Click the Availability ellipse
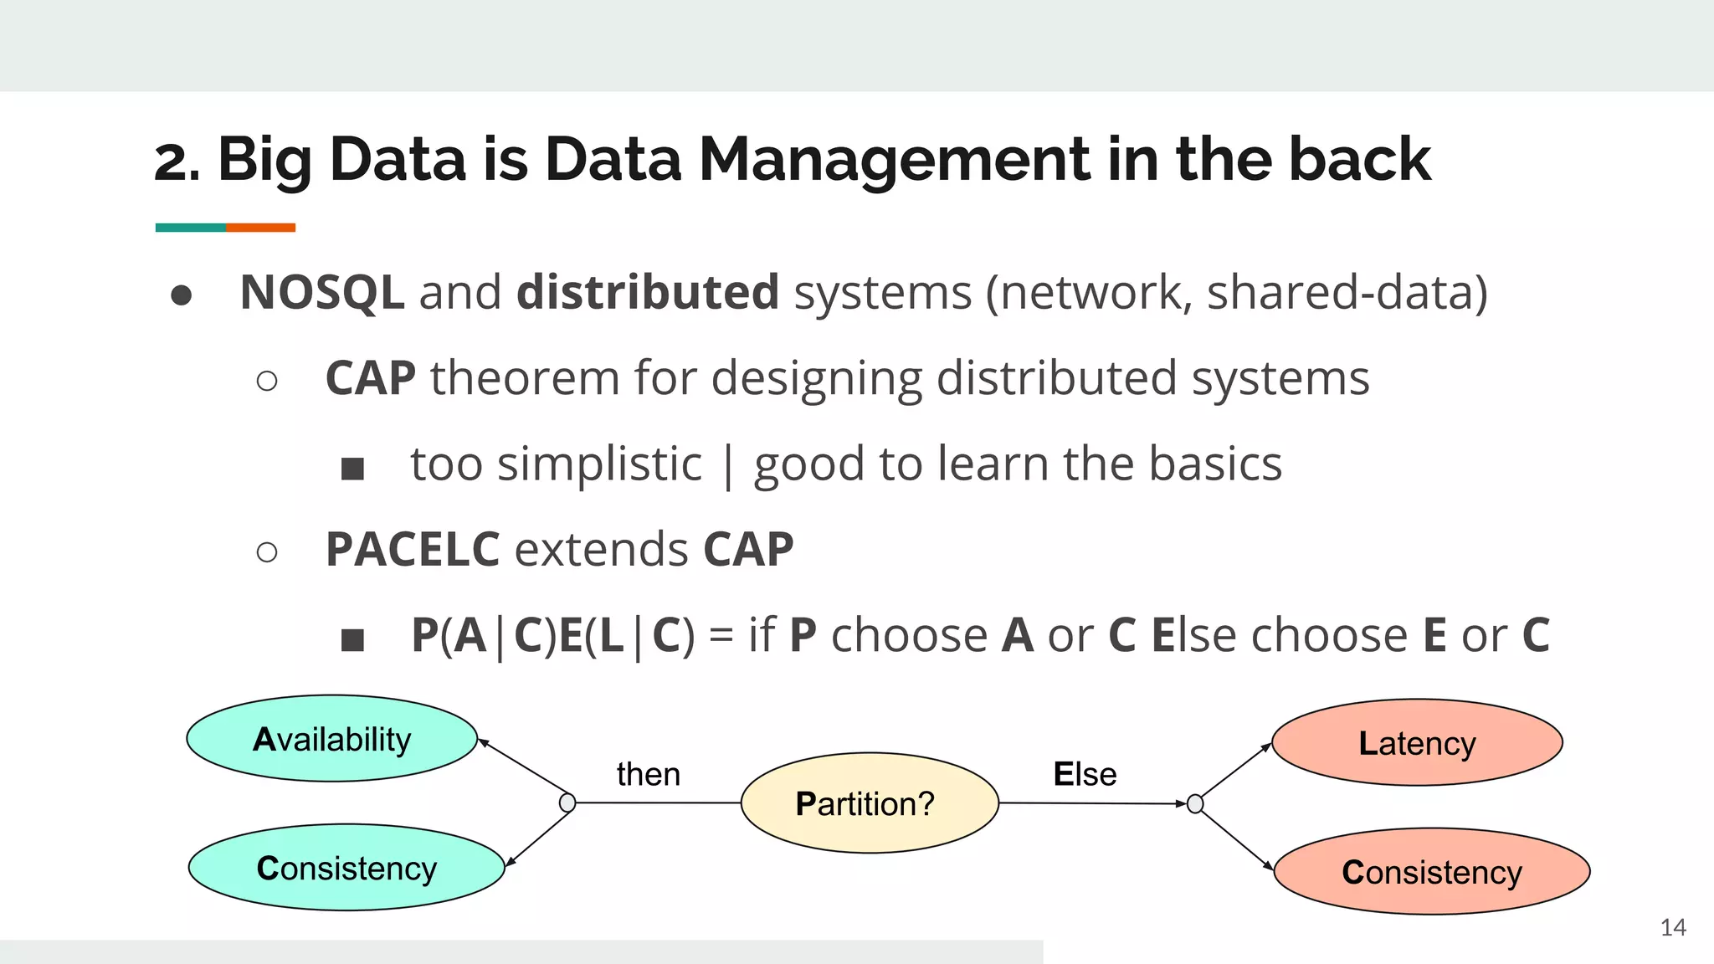coord(331,739)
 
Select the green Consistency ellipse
coord(346,868)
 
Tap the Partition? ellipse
coord(870,803)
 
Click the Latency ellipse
coord(1417,743)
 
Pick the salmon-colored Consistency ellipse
coord(1432,872)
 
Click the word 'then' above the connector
coord(648,774)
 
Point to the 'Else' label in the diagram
coord(1085,774)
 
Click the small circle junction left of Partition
coord(567,803)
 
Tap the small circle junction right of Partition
coord(1195,804)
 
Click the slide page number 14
coord(1673,927)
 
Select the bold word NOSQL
coord(322,293)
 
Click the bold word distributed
coord(648,293)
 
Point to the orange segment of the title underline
coord(260,228)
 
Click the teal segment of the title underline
coord(190,228)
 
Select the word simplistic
coord(599,464)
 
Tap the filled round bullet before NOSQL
coord(182,295)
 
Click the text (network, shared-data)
coord(1236,293)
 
